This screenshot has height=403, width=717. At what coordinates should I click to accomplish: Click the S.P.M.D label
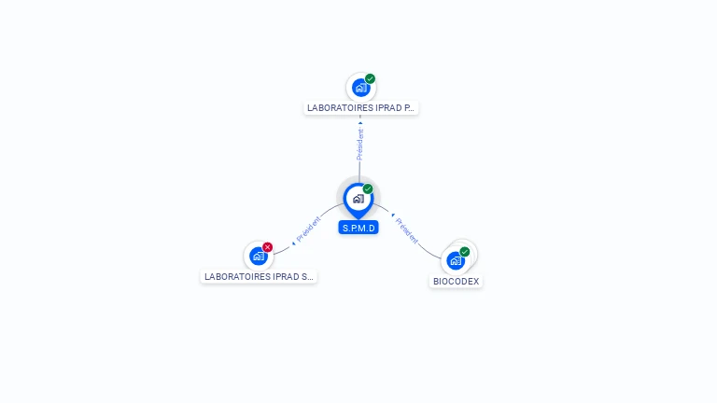click(358, 228)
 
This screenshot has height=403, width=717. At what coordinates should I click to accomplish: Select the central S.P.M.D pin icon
click(358, 199)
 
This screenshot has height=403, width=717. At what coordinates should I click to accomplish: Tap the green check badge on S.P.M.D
click(368, 189)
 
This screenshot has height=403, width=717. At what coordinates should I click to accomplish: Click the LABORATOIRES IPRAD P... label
click(360, 108)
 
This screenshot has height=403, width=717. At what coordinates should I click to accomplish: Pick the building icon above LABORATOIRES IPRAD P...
click(359, 89)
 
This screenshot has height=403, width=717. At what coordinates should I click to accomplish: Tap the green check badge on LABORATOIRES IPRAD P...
click(371, 79)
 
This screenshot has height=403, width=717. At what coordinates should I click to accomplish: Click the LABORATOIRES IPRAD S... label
click(259, 277)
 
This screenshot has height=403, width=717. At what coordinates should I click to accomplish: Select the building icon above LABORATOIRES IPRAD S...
click(258, 257)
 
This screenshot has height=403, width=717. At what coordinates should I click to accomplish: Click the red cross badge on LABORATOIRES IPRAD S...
click(268, 247)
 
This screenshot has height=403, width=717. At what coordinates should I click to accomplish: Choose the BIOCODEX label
click(457, 281)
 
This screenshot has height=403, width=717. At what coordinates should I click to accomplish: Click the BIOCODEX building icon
click(456, 260)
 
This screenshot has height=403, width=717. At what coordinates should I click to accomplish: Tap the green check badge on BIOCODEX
click(465, 252)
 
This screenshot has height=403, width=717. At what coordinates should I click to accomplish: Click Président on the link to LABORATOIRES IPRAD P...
click(360, 145)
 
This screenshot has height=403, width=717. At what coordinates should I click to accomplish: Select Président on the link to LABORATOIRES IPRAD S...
click(308, 230)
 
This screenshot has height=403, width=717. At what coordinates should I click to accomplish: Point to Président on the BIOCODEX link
click(407, 229)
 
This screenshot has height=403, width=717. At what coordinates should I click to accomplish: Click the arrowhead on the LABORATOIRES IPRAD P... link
click(360, 122)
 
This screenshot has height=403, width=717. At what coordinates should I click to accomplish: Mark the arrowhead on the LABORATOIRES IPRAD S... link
click(293, 243)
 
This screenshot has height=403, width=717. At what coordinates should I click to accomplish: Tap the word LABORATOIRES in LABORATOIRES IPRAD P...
click(337, 108)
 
